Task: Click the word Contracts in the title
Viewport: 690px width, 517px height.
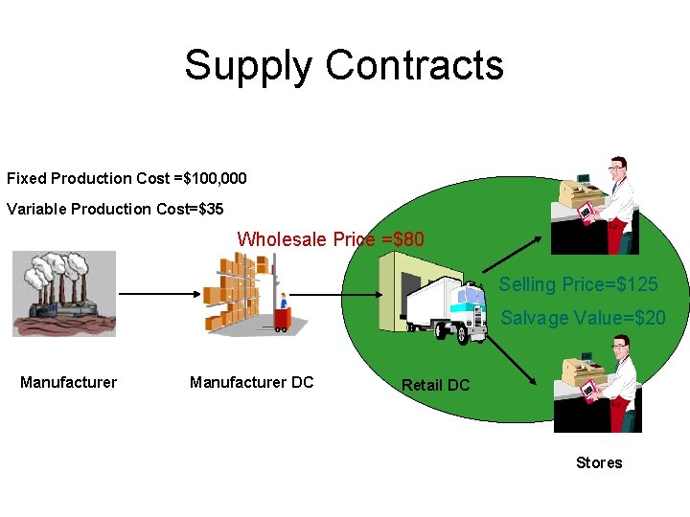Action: click(414, 65)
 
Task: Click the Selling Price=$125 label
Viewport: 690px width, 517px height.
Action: click(578, 284)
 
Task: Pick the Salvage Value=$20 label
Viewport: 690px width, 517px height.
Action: click(583, 318)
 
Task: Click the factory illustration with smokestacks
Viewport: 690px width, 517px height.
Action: click(64, 292)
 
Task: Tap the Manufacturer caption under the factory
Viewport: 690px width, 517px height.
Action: click(68, 382)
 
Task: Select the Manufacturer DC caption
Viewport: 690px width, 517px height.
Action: click(251, 382)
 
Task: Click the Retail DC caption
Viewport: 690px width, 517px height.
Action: click(435, 385)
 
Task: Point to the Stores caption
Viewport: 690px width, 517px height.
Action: click(599, 462)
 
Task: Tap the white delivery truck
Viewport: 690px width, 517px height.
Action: click(447, 309)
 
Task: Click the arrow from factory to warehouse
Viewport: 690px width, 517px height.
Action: click(159, 294)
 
